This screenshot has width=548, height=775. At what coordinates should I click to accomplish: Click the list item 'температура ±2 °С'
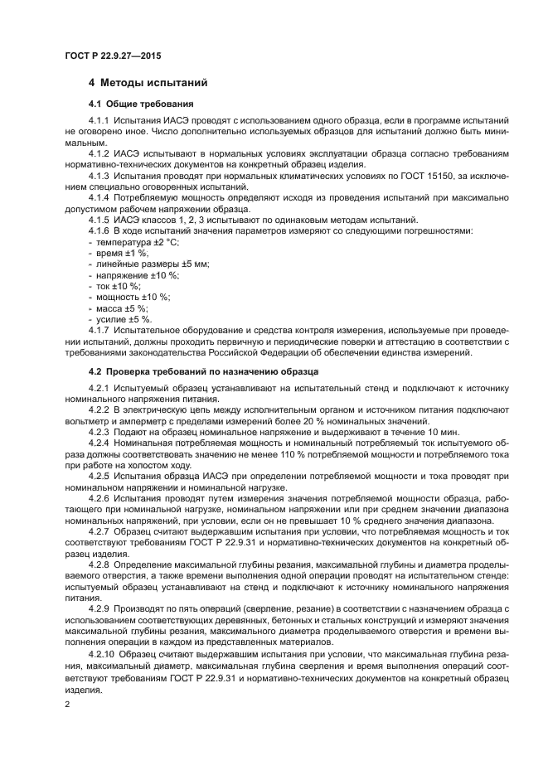click(x=138, y=241)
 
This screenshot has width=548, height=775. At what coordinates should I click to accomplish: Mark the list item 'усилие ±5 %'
click(x=124, y=318)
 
